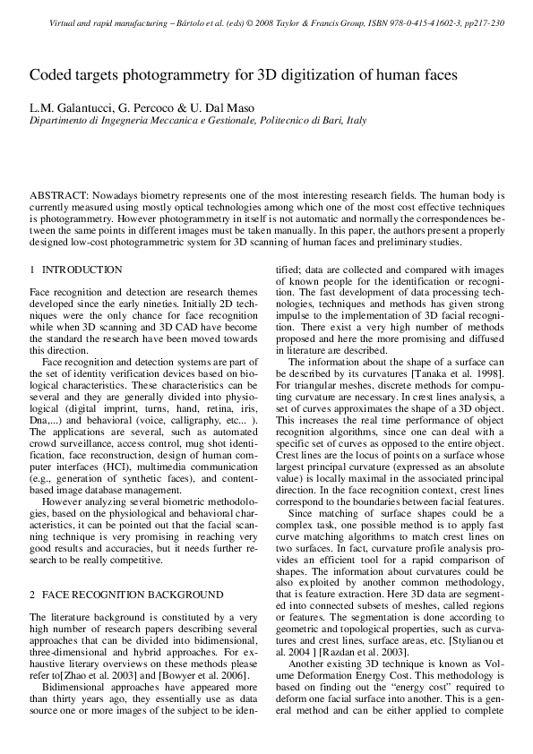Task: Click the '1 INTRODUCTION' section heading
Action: point(76,270)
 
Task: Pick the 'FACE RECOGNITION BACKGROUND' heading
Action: point(133,594)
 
